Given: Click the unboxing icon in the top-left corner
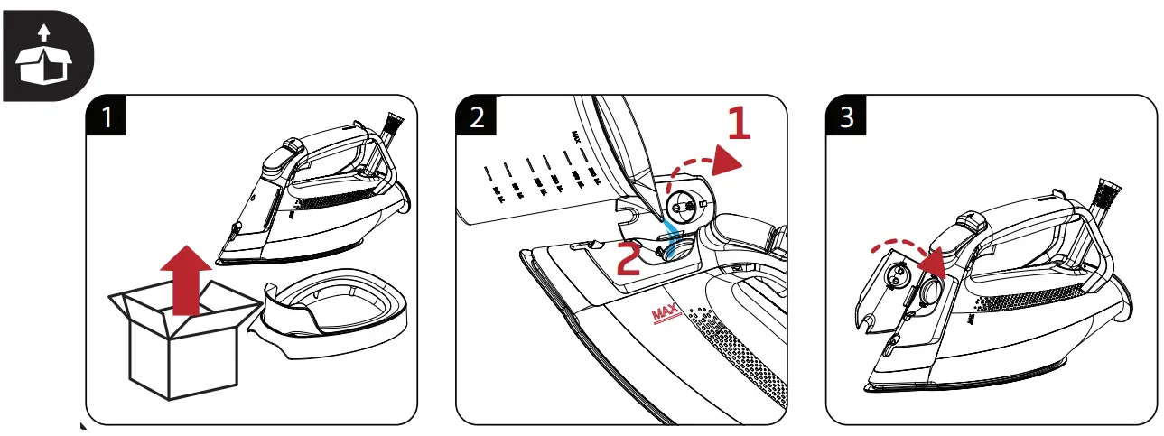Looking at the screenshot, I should pos(46,53).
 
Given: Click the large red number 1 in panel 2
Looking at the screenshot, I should pos(738,124).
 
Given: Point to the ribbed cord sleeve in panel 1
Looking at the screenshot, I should pos(394,125).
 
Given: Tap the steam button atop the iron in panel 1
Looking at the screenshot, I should pos(291,146).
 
